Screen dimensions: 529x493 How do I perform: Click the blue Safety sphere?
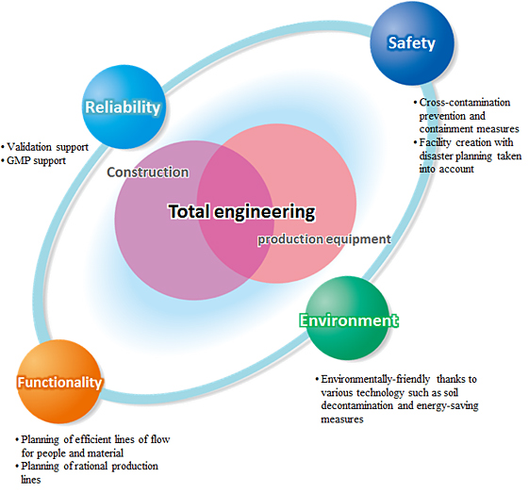tap(412, 43)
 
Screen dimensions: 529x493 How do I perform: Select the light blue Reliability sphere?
tap(124, 107)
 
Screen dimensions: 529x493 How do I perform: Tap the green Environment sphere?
tap(347, 318)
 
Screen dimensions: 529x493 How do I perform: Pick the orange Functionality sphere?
tap(59, 382)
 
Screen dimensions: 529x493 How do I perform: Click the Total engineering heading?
tap(242, 212)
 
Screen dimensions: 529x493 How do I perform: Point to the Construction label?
tap(148, 173)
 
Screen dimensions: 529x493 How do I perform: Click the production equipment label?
tap(324, 239)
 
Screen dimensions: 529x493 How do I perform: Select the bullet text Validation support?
tap(47, 147)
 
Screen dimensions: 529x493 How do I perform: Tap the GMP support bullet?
tap(36, 160)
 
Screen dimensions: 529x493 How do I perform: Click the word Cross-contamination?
tap(465, 102)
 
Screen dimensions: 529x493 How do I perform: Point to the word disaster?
tap(437, 156)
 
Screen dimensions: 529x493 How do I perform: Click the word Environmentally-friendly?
tap(375, 379)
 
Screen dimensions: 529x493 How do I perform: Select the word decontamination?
tap(357, 405)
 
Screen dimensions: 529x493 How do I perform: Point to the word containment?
tap(442, 129)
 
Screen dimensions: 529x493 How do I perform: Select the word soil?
tap(451, 392)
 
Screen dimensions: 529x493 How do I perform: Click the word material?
tap(105, 452)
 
